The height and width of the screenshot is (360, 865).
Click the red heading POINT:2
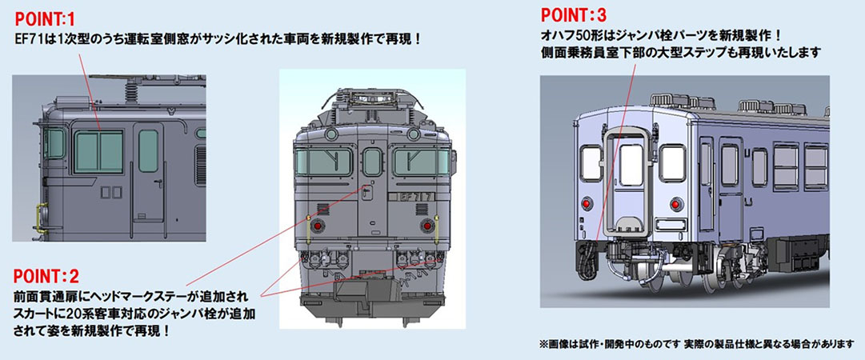pos(45,276)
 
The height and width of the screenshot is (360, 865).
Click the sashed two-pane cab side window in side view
pos(98,152)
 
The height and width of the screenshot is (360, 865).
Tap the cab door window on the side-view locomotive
pos(148,150)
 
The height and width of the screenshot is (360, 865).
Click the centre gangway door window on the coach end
pos(631,165)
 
